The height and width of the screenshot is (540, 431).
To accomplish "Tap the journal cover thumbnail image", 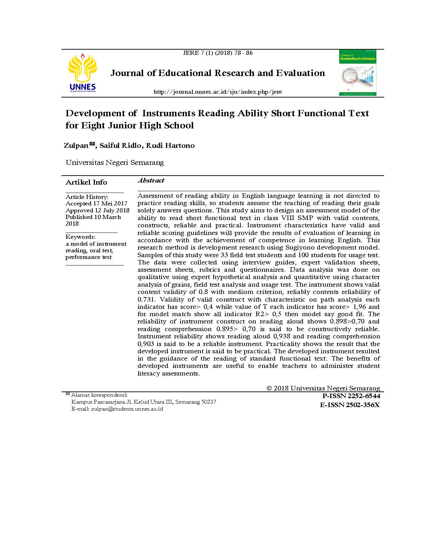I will click(x=358, y=73).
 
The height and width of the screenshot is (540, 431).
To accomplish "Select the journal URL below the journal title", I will click(x=217, y=92).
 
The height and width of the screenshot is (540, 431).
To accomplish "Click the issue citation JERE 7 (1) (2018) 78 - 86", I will click(x=217, y=53).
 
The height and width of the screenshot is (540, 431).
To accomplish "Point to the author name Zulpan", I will click(x=76, y=145).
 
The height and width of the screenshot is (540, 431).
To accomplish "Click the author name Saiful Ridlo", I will click(x=120, y=145).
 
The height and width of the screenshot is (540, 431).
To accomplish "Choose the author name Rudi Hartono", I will click(x=170, y=145).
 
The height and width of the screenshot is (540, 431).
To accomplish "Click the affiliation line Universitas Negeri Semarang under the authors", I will click(x=115, y=162).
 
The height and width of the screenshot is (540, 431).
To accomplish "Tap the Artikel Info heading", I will click(x=86, y=182).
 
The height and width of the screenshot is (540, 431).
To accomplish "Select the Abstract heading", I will click(x=151, y=180).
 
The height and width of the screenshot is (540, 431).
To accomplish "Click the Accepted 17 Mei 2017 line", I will click(x=97, y=203).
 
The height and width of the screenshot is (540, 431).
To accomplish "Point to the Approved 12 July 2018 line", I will click(x=98, y=210).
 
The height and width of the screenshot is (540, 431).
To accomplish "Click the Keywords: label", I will click(x=81, y=237).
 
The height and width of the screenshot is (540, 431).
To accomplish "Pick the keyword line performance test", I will click(x=89, y=257).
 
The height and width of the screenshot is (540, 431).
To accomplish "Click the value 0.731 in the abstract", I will click(x=146, y=299).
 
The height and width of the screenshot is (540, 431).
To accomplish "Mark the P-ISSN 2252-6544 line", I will click(x=351, y=396).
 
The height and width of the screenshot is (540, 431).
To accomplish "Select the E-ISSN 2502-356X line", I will click(x=350, y=405).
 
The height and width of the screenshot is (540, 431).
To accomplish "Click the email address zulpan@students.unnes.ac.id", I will click(x=127, y=409).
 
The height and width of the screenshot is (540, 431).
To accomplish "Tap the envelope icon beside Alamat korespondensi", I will click(x=68, y=394).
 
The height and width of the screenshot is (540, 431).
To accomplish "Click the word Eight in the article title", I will click(x=93, y=125).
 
